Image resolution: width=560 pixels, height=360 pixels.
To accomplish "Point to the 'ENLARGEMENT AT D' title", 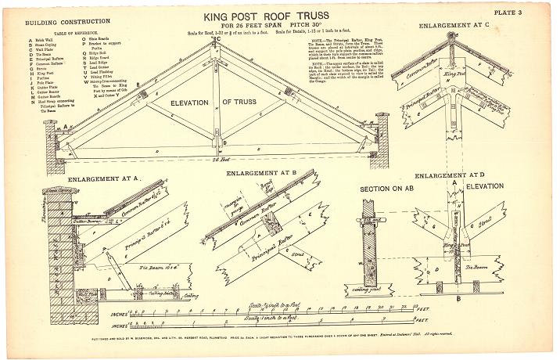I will tap(449, 176).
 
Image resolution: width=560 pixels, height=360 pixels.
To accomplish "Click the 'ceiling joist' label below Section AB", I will tap(382, 293).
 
